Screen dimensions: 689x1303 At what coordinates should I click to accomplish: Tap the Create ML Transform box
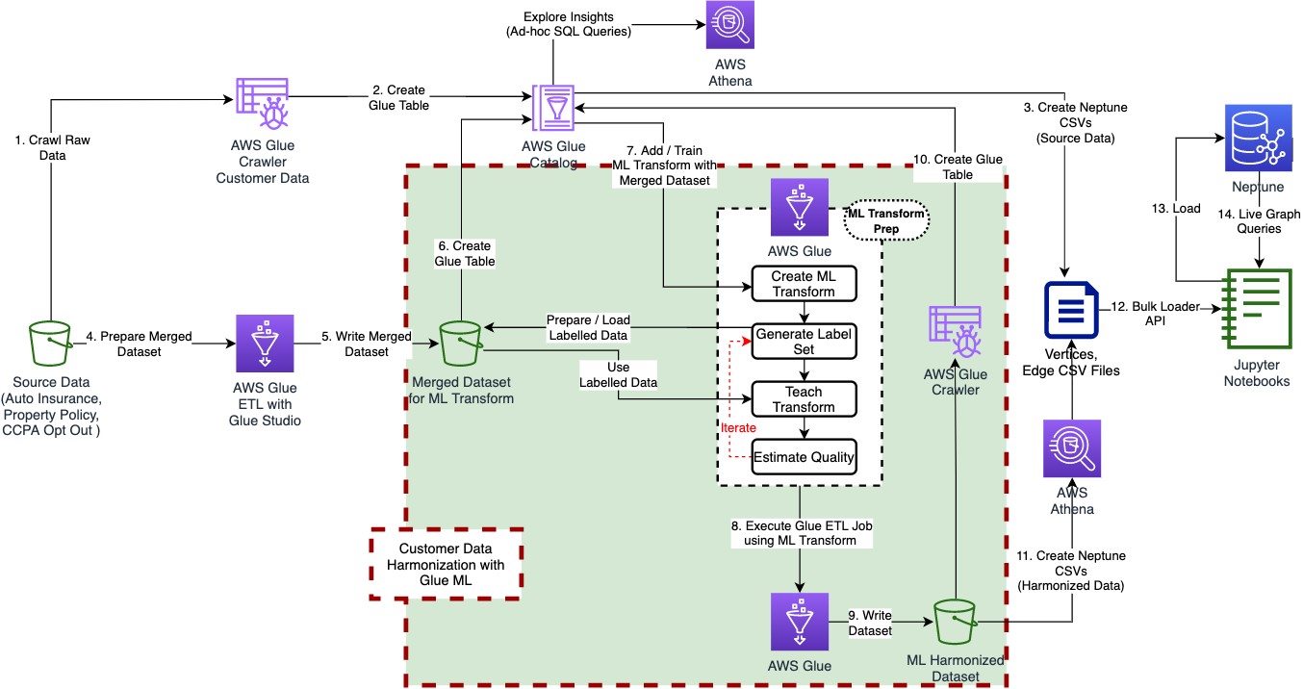[804, 283]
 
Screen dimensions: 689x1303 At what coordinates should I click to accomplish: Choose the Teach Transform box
[804, 399]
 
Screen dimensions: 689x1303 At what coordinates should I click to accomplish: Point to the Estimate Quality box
[804, 457]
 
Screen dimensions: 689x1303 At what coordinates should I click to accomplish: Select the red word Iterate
[737, 427]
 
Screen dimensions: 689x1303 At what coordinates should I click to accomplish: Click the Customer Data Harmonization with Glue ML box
[446, 565]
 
